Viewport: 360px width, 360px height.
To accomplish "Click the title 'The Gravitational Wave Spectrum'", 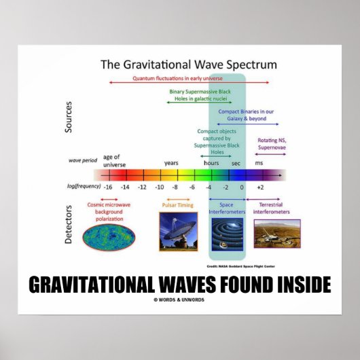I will point(188,65).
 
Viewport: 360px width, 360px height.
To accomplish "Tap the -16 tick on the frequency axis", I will point(108,186).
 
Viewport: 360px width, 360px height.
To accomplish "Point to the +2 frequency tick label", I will point(260,186).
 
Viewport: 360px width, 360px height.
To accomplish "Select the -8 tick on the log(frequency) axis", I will point(175,186).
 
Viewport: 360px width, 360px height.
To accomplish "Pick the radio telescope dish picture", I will point(177,231).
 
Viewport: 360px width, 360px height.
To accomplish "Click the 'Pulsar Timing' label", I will point(177,204).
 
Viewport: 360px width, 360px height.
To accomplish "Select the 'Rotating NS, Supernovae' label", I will point(271,143).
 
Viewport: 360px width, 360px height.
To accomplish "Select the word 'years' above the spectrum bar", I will point(171,163).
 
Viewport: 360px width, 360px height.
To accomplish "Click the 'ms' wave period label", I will point(258,163).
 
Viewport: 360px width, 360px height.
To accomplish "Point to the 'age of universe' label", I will point(113,160).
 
